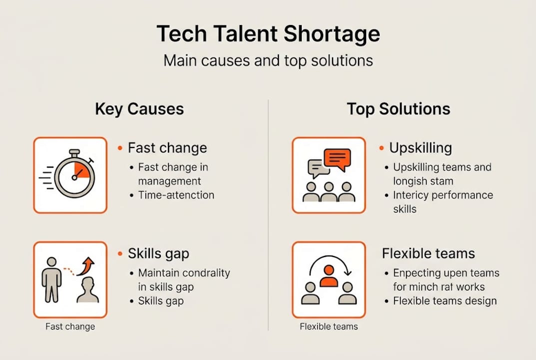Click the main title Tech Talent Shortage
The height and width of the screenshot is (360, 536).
point(268,34)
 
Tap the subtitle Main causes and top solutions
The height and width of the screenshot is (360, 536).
point(268,60)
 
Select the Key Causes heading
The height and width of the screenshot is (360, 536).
point(139,109)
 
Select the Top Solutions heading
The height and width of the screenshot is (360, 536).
point(399,109)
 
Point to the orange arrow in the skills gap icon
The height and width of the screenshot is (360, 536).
point(88,266)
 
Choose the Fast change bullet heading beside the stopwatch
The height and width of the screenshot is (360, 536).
point(167,148)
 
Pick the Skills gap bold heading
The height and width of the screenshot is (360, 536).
point(158,253)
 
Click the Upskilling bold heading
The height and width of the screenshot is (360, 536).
point(420,148)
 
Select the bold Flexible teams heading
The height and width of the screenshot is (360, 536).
point(428,253)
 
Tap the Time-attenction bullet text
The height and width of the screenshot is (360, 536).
point(176,195)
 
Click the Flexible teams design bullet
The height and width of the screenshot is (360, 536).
point(445,301)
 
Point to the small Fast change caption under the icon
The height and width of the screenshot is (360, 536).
point(70,326)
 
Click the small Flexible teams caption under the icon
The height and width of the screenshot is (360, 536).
point(329,326)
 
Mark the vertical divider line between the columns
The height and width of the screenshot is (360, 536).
point(268,215)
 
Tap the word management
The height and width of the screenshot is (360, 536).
point(169,181)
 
